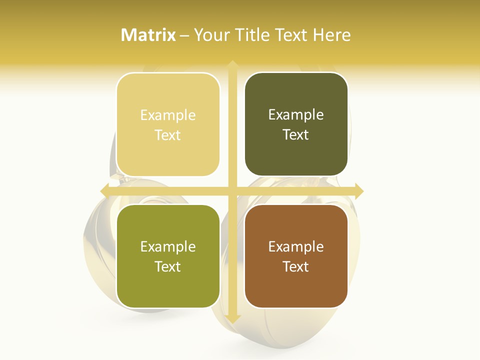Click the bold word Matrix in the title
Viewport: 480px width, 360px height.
[148, 35]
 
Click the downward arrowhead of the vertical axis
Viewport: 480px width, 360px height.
[232, 318]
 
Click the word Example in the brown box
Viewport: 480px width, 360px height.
[296, 246]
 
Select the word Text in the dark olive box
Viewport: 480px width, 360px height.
[296, 134]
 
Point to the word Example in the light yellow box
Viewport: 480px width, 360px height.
[168, 115]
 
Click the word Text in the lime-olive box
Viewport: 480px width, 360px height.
[168, 266]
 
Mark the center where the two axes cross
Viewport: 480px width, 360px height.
[232, 191]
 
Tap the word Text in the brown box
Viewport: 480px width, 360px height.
[296, 266]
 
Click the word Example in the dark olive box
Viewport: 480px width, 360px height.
[296, 114]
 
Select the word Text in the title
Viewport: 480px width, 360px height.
[292, 35]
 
